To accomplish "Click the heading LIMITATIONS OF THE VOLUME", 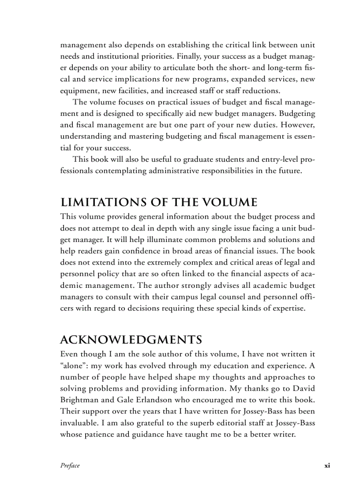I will [x=158, y=202].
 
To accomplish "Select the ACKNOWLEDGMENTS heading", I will [x=131, y=340].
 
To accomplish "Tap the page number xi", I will [x=327, y=465].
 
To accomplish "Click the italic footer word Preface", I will [x=70, y=465].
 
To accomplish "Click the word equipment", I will [x=79, y=91].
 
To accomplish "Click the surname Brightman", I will [x=80, y=400].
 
